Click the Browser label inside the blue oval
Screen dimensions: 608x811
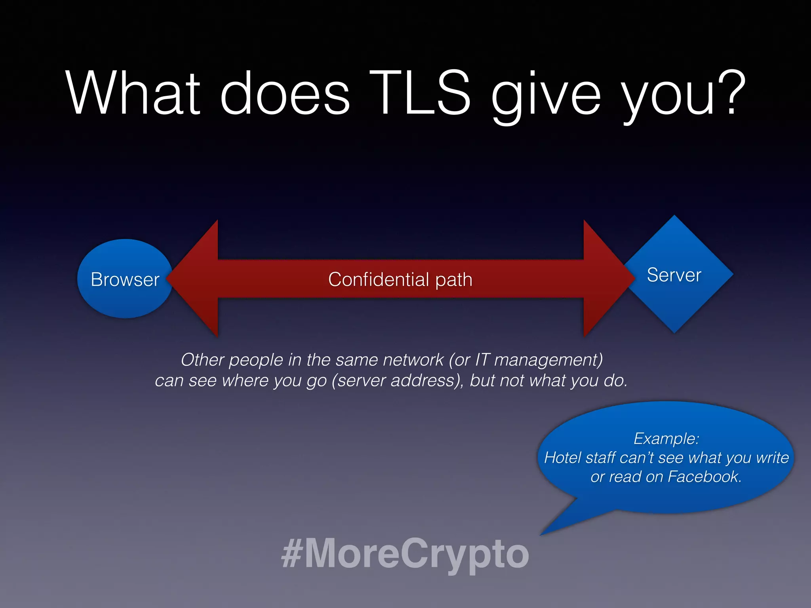tap(125, 279)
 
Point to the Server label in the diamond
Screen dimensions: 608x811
tap(674, 275)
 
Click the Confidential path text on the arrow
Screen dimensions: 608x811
tap(400, 279)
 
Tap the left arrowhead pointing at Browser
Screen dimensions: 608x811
tap(194, 279)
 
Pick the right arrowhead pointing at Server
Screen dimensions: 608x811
tap(608, 279)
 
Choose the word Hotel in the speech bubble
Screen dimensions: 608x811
tap(562, 458)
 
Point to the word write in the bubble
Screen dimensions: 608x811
tap(772, 458)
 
